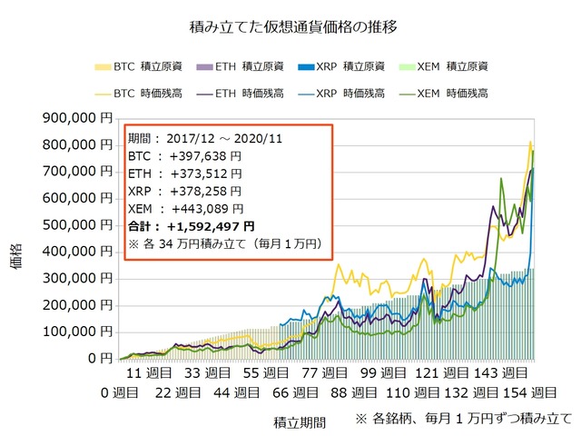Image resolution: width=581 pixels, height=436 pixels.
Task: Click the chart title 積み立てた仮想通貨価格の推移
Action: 293,27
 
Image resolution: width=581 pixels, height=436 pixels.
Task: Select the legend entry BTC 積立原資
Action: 139,66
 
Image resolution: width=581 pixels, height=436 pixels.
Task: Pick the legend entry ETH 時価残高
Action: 241,94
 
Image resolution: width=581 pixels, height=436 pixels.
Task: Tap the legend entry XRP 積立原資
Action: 341,66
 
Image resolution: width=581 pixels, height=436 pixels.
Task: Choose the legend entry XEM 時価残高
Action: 444,94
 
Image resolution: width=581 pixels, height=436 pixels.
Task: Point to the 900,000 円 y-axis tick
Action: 77,118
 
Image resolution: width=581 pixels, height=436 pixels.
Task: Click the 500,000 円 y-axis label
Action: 77,225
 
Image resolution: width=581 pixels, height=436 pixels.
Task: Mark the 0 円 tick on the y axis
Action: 100,359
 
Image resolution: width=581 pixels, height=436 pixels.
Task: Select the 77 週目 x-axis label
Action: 325,373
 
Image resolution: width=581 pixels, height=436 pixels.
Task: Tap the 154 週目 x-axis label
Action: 529,392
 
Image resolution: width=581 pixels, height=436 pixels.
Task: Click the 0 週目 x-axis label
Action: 119,392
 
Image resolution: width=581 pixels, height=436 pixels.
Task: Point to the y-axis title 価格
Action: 16,256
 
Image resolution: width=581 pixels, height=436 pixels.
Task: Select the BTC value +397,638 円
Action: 205,156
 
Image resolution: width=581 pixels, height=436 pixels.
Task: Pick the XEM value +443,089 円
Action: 208,209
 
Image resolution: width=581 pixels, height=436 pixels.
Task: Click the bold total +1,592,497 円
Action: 211,226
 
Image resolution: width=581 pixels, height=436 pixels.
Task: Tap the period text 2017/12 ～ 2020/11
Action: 224,139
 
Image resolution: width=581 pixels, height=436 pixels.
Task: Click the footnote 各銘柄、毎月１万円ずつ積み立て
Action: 472,419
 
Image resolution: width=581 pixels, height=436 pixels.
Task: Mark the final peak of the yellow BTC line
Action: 530,142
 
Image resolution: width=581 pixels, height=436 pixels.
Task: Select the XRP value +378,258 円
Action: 206,192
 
